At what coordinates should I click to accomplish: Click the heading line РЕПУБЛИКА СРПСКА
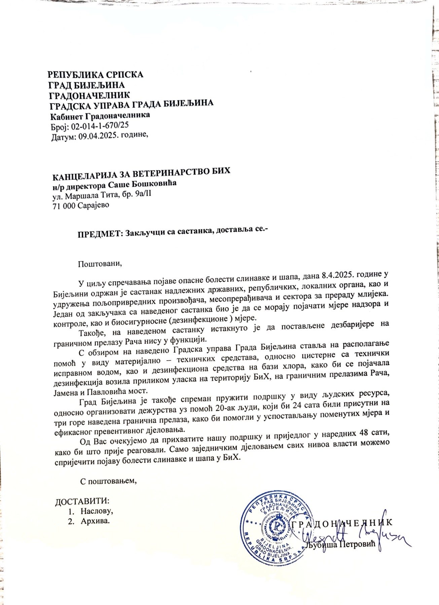point(96,74)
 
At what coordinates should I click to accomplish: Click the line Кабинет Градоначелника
point(100,116)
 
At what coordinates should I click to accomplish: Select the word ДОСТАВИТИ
point(82,502)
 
